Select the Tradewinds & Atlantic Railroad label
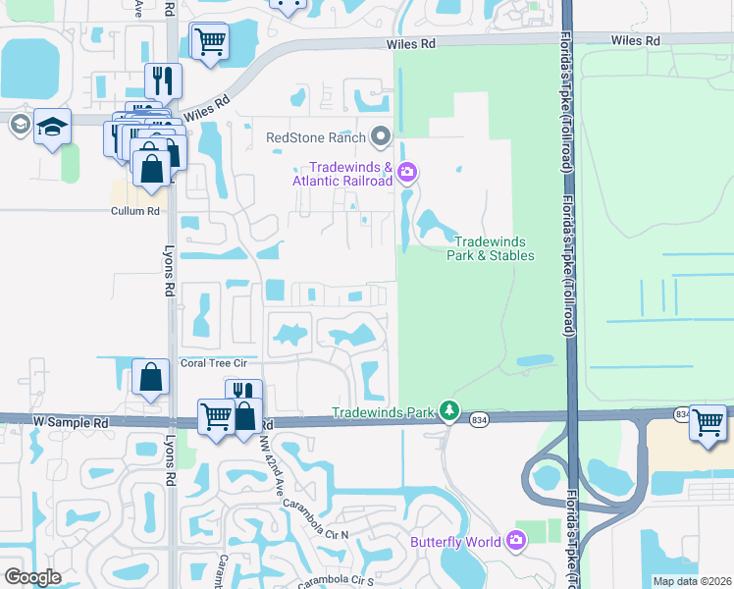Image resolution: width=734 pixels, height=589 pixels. click(343, 174)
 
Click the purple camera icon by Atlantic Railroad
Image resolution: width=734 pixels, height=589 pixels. click(407, 175)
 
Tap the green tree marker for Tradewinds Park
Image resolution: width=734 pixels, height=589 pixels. click(449, 410)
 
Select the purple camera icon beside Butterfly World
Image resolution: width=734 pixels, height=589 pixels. click(517, 540)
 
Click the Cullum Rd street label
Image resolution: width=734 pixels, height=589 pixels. click(134, 211)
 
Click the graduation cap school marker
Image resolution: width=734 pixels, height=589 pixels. click(52, 126)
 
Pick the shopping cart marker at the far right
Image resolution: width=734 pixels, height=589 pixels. click(708, 422)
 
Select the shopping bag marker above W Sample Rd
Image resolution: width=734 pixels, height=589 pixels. click(150, 377)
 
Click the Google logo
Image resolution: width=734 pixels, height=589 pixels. click(32, 577)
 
